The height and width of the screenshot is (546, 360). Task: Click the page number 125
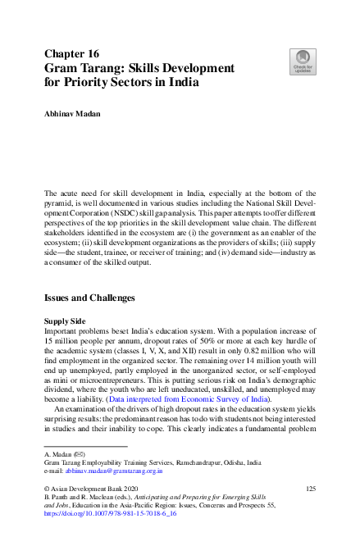click(310, 489)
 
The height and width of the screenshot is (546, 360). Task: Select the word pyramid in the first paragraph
click(62, 202)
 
